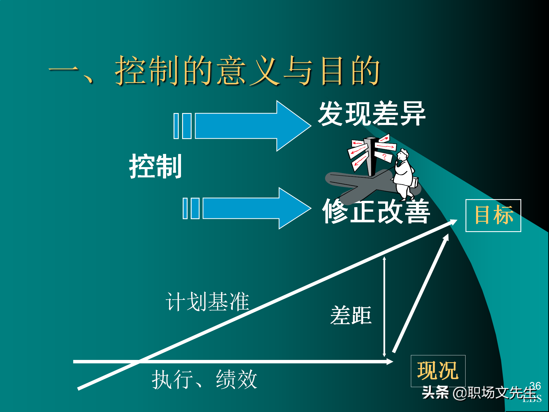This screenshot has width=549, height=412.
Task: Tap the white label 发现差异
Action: [372, 114]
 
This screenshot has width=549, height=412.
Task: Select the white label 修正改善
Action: [376, 212]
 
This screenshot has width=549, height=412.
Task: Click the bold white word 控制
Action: [155, 166]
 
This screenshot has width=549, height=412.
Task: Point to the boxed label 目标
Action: [493, 215]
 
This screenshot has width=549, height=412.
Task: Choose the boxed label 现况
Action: [438, 371]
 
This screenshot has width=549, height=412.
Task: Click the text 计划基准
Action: [207, 302]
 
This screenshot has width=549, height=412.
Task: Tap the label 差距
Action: [351, 315]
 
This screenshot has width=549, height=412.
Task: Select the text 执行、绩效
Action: [204, 379]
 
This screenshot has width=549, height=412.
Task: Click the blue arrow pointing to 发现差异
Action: [246, 126]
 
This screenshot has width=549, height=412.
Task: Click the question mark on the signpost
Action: [384, 157]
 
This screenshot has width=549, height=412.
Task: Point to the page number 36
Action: [535, 386]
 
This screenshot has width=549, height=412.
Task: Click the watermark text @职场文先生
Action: [495, 393]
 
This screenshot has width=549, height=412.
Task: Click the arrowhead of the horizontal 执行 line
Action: [390, 362]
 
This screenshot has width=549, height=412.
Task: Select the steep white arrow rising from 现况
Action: [420, 293]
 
